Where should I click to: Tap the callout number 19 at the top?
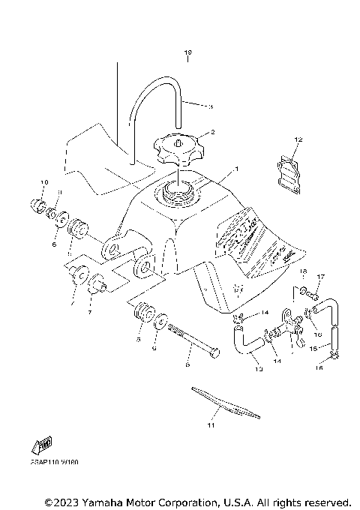(188, 52)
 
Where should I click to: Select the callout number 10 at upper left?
(44, 182)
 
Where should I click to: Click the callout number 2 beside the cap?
(213, 132)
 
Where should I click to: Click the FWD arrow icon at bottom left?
(43, 445)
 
